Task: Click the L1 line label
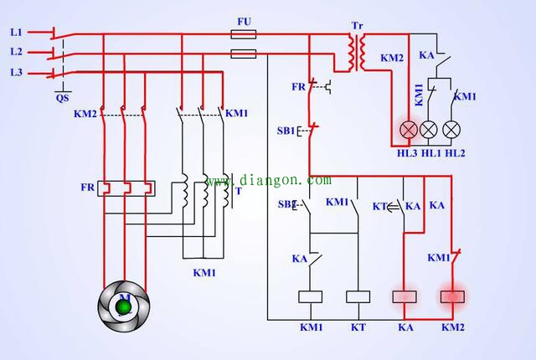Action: pyautogui.click(x=16, y=33)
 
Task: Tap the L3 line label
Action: pyautogui.click(x=16, y=73)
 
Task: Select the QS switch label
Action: pyautogui.click(x=62, y=97)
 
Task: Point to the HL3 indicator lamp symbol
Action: pyautogui.click(x=408, y=129)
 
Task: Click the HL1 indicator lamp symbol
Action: pyautogui.click(x=430, y=129)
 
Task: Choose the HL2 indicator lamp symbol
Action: pyautogui.click(x=451, y=129)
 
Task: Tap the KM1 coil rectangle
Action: pyautogui.click(x=312, y=296)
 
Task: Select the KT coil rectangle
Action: pyautogui.click(x=358, y=296)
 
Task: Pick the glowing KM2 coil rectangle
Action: pyautogui.click(x=453, y=296)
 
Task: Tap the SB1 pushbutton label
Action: pyautogui.click(x=286, y=131)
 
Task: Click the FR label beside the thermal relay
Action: pyautogui.click(x=87, y=187)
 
